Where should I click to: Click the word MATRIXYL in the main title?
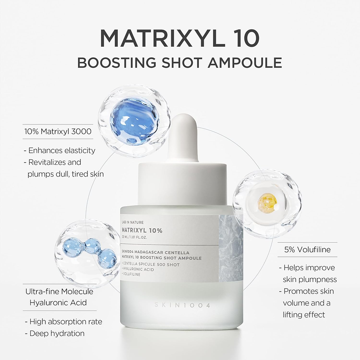158,39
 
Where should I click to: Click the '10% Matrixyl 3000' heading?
58,131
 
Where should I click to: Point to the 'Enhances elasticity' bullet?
59,150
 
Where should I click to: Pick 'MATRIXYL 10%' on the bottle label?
142,230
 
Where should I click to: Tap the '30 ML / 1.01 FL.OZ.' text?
135,237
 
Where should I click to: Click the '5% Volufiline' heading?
307,250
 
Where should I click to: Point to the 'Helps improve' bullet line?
307,268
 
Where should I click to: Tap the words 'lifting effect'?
304,315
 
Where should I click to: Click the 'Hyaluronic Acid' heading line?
58,303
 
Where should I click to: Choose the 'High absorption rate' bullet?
64,322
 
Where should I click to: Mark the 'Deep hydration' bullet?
55,333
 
